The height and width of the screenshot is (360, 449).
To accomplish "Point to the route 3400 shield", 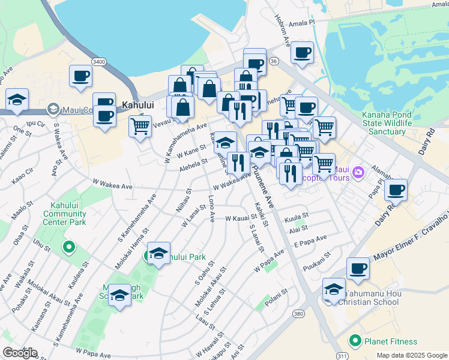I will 100,61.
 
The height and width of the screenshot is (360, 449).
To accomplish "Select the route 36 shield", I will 274,61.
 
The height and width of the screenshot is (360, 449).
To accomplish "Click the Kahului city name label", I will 138,104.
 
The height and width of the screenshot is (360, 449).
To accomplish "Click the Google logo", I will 19,353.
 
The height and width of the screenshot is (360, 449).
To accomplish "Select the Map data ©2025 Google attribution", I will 412,355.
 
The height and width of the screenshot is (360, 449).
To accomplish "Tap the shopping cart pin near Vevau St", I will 140,127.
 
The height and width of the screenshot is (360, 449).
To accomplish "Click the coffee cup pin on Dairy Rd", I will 396,190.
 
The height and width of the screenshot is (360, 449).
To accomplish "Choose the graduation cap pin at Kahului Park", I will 158,253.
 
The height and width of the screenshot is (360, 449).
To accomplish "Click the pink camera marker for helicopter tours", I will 358,173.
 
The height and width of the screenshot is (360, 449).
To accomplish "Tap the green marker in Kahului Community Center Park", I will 68,246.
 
